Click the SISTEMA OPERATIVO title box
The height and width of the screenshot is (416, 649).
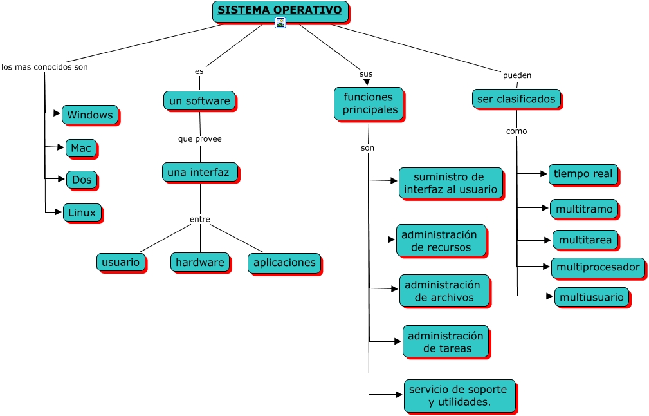pos(280,11)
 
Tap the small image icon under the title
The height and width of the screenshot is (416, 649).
pos(280,23)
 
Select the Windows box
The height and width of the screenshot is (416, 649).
pos(90,115)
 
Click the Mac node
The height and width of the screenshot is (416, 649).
pos(81,148)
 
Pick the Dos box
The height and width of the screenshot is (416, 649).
pos(82,180)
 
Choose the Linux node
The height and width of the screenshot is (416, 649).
pos(82,213)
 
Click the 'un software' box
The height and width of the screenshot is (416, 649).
pos(199,101)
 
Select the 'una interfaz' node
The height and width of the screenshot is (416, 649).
pos(199,173)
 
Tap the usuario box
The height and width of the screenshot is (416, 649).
pos(121,262)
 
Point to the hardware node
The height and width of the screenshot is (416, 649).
pos(200,262)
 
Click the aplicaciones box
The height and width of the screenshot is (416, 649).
pos(284,263)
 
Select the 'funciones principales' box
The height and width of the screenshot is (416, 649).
pos(369,104)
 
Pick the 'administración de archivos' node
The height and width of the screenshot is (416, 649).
pos(444,291)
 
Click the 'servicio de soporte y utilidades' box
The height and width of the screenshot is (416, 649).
pos(459,395)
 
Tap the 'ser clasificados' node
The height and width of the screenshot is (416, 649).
pos(516,99)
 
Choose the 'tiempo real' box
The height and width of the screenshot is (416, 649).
pos(583,174)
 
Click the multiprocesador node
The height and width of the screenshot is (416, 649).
pos(598,267)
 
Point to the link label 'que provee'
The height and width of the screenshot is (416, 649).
pos(200,138)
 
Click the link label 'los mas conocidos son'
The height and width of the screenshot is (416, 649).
pos(44,67)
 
